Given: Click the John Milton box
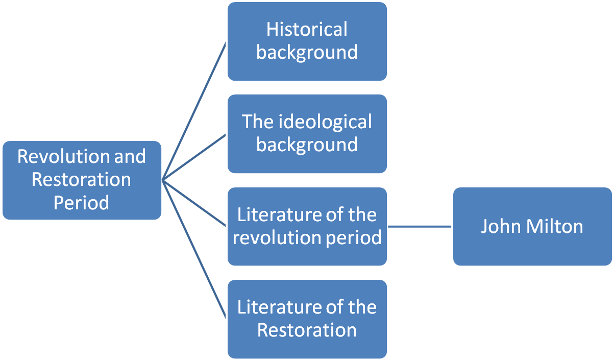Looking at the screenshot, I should click(532, 226).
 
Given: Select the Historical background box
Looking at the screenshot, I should click(307, 41).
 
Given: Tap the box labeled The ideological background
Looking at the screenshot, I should click(307, 134).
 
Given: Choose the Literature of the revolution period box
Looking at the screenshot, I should click(307, 226).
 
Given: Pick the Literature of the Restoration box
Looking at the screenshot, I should click(307, 319).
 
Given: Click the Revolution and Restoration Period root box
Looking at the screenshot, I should click(81, 180).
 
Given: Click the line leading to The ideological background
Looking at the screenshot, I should click(194, 157).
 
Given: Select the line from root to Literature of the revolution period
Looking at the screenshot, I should click(194, 203).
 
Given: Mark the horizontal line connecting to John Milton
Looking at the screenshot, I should click(420, 226).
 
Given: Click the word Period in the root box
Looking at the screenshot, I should click(81, 203).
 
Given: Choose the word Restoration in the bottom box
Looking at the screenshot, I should click(307, 330).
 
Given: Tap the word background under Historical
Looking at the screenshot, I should click(307, 53).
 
